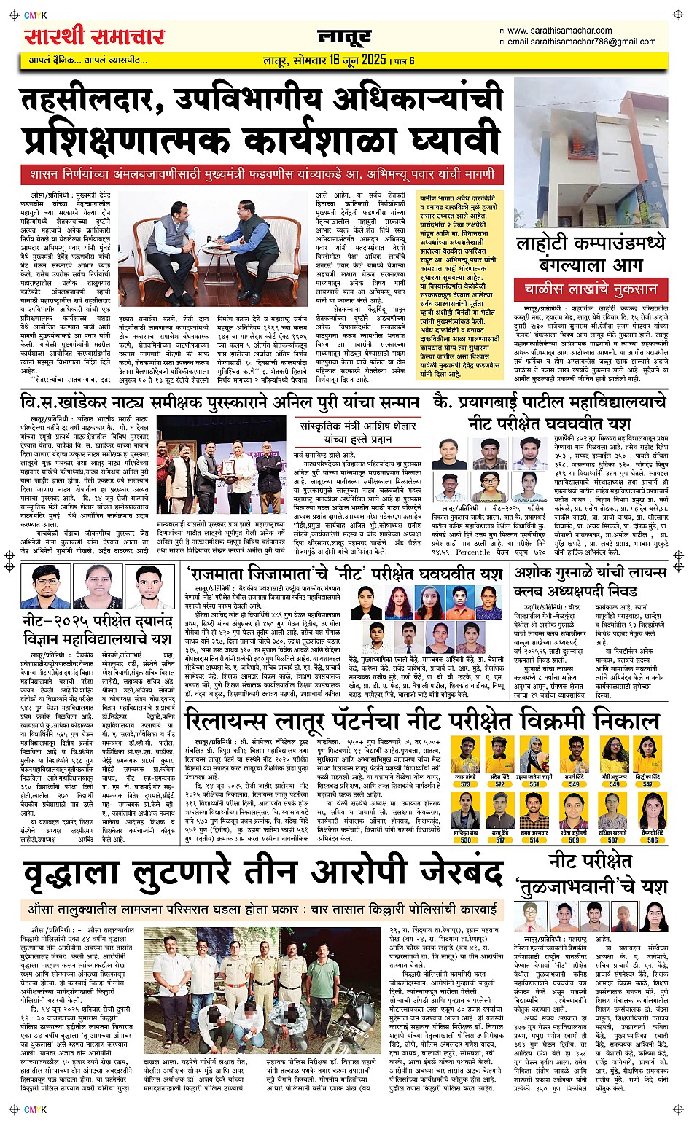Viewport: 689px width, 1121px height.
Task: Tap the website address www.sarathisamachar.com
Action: point(559,31)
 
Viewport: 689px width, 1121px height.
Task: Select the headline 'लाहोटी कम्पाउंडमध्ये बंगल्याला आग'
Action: point(591,253)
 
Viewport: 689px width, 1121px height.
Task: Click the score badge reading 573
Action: point(465,785)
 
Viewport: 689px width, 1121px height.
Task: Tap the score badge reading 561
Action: point(534,785)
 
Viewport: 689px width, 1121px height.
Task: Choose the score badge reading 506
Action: point(652,840)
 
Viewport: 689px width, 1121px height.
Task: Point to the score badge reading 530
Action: point(465,840)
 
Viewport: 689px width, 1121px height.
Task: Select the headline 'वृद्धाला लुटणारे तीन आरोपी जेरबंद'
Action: point(262,874)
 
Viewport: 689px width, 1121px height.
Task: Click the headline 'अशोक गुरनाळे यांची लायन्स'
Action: point(590,573)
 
